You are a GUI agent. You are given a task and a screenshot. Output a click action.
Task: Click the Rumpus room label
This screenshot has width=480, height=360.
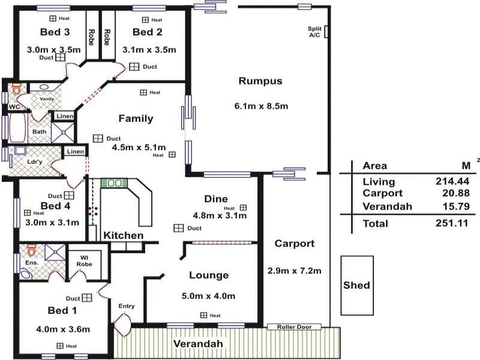pyautogui.click(x=260, y=81)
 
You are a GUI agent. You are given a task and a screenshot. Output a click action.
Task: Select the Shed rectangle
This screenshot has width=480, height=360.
pyautogui.click(x=356, y=285)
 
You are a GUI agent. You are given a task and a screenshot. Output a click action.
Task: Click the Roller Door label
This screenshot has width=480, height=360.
pyautogui.click(x=298, y=327)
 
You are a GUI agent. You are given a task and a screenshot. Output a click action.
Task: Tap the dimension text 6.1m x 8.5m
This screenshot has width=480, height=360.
pyautogui.click(x=261, y=106)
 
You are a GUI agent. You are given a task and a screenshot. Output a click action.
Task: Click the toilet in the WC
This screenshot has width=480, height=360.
pyautogui.click(x=16, y=89)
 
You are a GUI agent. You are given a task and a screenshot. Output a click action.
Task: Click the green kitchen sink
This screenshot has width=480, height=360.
pyautogui.click(x=115, y=182)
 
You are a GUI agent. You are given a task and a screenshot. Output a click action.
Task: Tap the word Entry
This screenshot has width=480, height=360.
pyautogui.click(x=127, y=306)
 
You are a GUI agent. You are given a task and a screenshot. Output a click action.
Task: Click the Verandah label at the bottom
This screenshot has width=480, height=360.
pyautogui.click(x=198, y=344)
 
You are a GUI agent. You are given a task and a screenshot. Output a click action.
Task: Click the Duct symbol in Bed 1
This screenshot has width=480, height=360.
pyautogui.click(x=88, y=298)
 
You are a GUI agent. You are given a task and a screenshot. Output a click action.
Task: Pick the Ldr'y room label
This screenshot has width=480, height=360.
pyautogui.click(x=35, y=161)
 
